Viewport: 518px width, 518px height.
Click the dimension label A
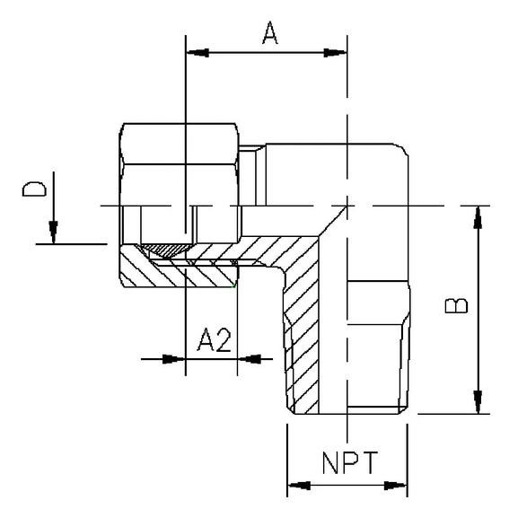(268, 33)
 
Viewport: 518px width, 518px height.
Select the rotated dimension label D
(34, 189)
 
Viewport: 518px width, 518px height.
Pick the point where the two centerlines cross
(347, 206)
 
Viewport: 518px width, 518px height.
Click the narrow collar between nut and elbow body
(257, 175)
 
